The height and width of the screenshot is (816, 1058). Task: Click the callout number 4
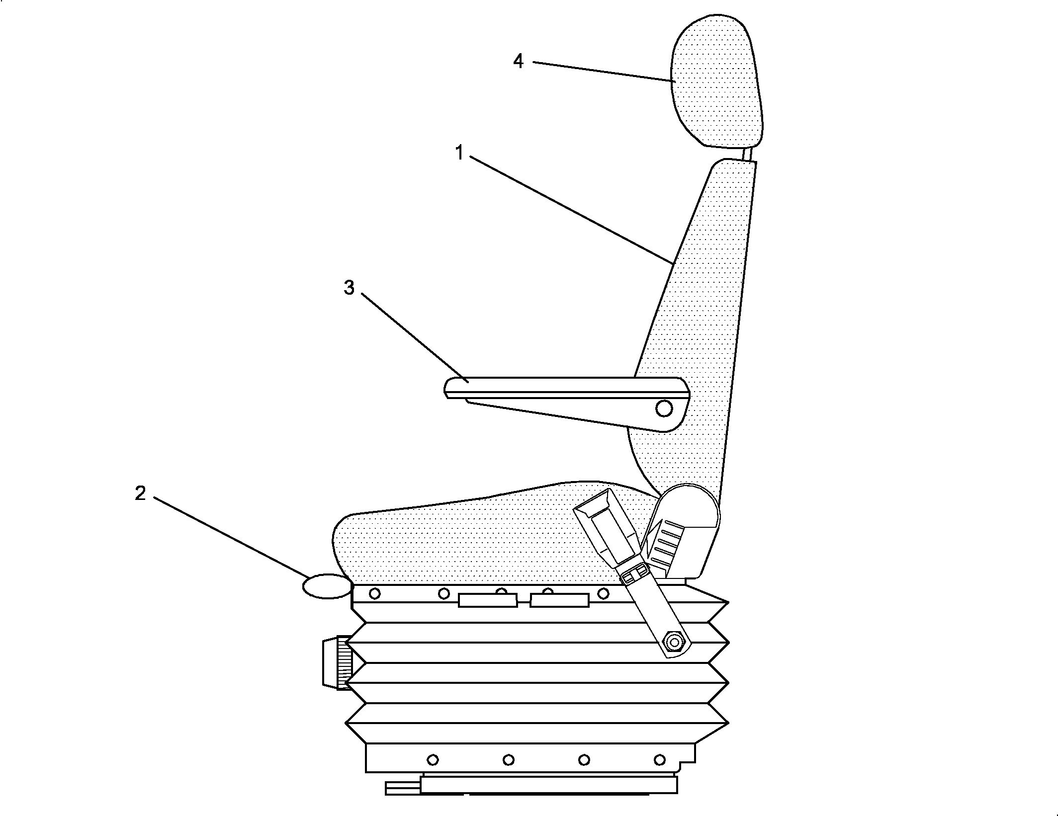(519, 61)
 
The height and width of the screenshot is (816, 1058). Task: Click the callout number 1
(460, 153)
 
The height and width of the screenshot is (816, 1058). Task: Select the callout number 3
(349, 287)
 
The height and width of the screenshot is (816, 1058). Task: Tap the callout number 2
(140, 493)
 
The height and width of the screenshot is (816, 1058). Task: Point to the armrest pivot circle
(664, 408)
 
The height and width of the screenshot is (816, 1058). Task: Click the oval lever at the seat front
(327, 586)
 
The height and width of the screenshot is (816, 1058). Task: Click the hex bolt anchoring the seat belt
(674, 643)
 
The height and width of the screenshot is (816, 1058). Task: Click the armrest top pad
(567, 388)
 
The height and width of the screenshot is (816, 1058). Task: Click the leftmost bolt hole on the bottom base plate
(433, 760)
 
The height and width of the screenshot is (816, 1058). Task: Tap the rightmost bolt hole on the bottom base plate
(660, 760)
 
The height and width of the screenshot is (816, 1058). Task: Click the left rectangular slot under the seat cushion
(488, 600)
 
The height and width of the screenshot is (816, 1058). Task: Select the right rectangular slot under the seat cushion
(560, 600)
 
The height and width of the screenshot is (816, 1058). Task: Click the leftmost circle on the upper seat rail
(375, 593)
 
